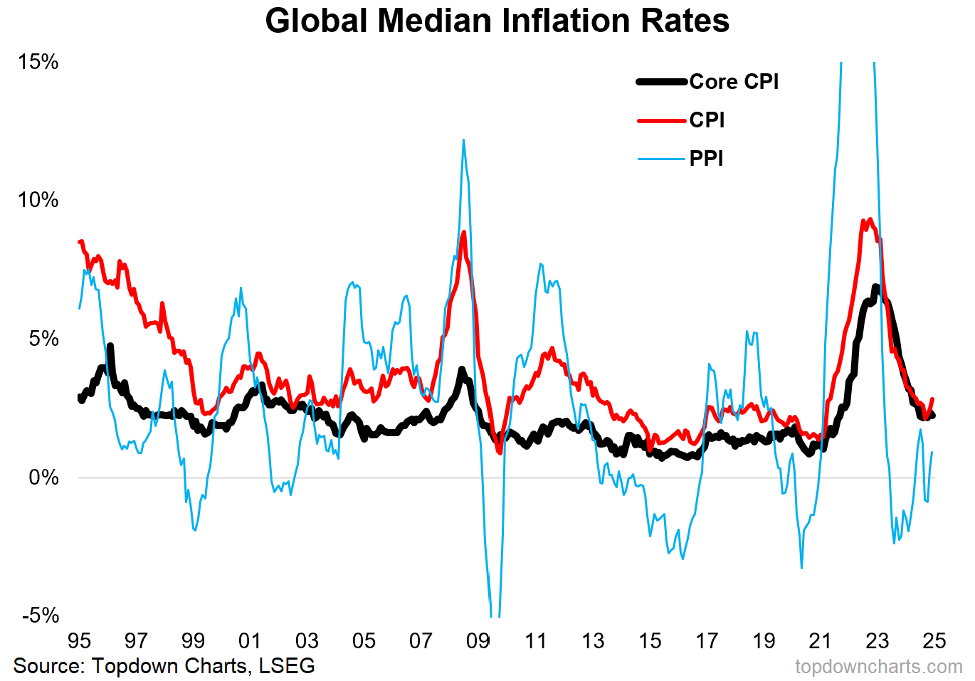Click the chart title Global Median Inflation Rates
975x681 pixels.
point(497,21)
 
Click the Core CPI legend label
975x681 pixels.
point(734,82)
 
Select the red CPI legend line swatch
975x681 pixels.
point(661,121)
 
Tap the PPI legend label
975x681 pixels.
point(706,159)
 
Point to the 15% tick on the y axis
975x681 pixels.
point(38,62)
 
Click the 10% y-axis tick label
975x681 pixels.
point(38,200)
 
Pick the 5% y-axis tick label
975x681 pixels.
point(43,339)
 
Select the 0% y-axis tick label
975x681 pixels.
point(43,477)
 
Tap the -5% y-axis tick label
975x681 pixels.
point(40,616)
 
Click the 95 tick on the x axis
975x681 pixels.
point(79,641)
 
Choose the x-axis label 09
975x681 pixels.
point(478,641)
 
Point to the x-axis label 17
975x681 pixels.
point(707,641)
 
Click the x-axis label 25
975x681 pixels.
point(934,641)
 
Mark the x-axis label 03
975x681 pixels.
point(307,641)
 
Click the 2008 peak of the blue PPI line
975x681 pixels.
point(463,140)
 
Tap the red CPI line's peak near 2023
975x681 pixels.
point(869,219)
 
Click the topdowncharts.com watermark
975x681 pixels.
point(878,667)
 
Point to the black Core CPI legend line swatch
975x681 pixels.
point(661,83)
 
